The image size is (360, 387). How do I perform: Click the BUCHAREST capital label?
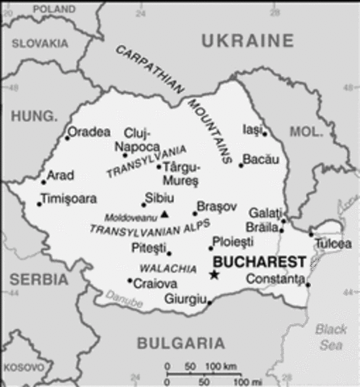click(x=259, y=261)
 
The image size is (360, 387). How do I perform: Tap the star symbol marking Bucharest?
click(x=214, y=275)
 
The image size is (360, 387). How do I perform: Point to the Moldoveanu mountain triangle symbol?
click(x=165, y=214)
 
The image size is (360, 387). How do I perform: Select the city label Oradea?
click(x=89, y=131)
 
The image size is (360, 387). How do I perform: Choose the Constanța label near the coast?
click(x=276, y=279)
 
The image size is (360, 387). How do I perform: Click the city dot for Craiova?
click(x=130, y=281)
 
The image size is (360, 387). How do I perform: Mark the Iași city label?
click(x=252, y=129)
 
